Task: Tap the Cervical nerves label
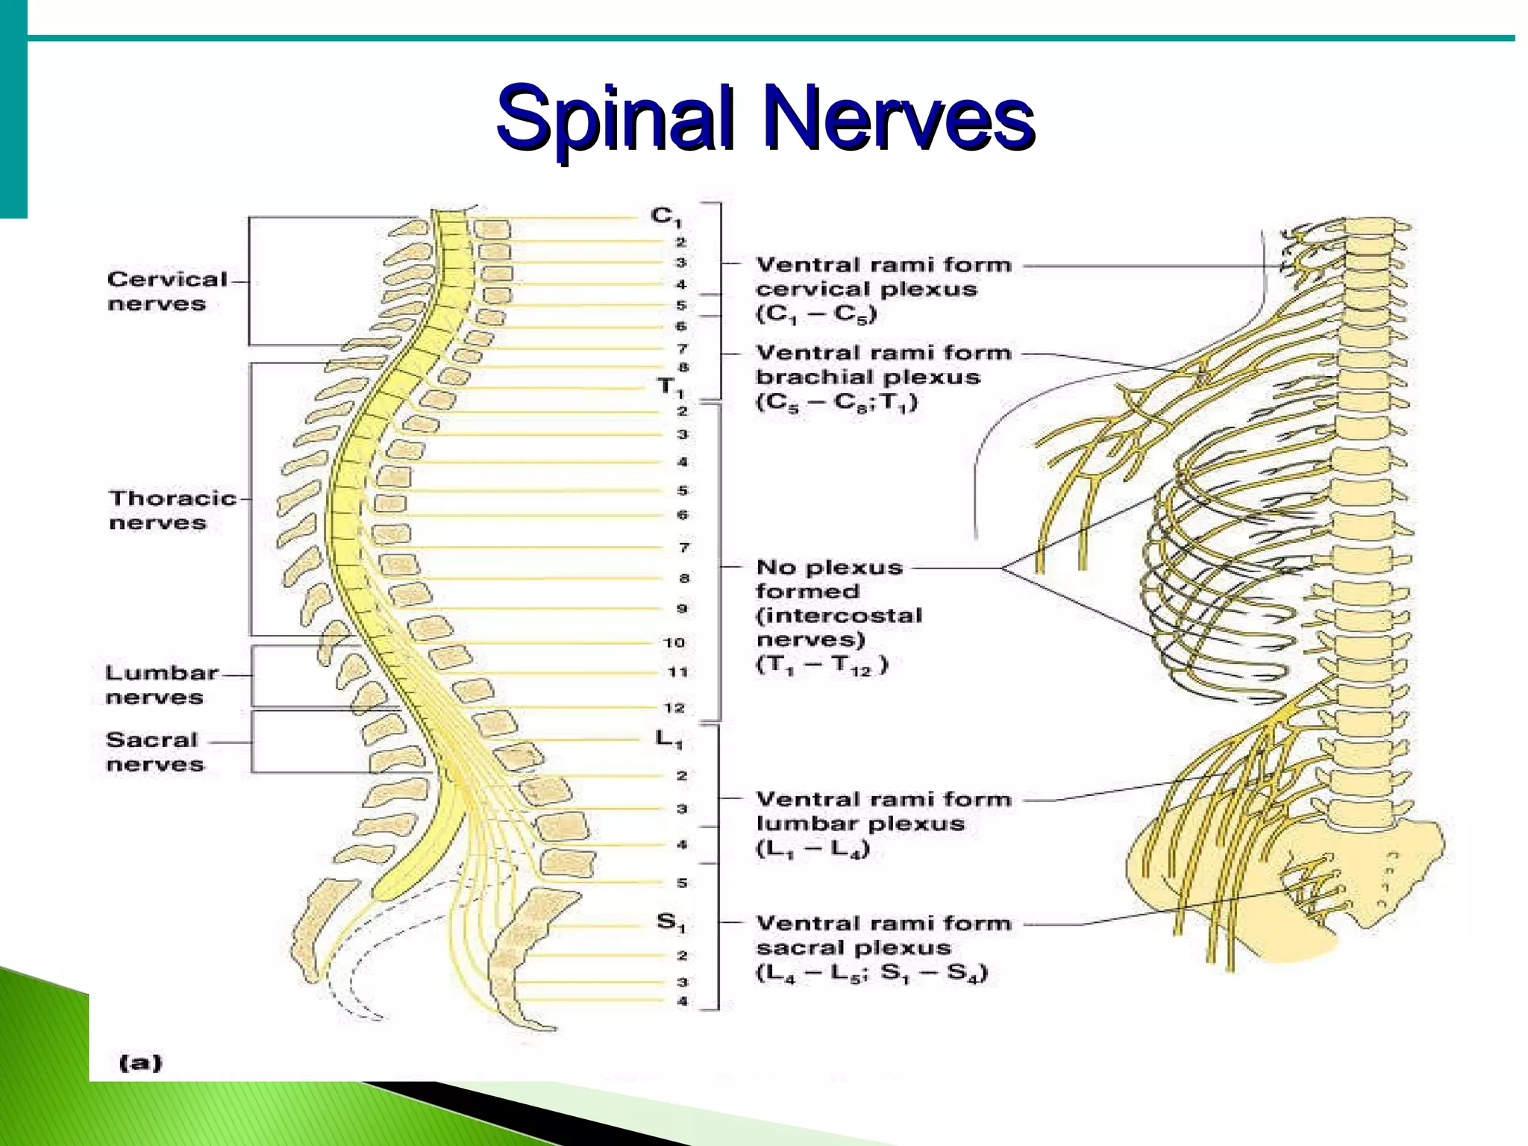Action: [x=166, y=291]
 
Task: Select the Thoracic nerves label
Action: [x=172, y=510]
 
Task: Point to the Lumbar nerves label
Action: [x=160, y=684]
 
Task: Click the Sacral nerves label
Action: [x=154, y=751]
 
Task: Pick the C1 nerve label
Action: [x=666, y=216]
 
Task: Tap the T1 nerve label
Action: [x=669, y=387]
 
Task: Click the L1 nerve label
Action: [x=668, y=739]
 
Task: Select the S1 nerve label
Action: [x=670, y=923]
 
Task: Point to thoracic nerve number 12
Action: [x=674, y=707]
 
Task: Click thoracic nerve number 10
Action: [x=674, y=642]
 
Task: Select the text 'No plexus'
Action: [x=829, y=567]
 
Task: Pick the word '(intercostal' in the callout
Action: [x=839, y=616]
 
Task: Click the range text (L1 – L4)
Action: [x=812, y=849]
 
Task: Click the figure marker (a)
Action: [x=140, y=1062]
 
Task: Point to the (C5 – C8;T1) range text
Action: [x=836, y=403]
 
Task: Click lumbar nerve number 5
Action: [x=681, y=883]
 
